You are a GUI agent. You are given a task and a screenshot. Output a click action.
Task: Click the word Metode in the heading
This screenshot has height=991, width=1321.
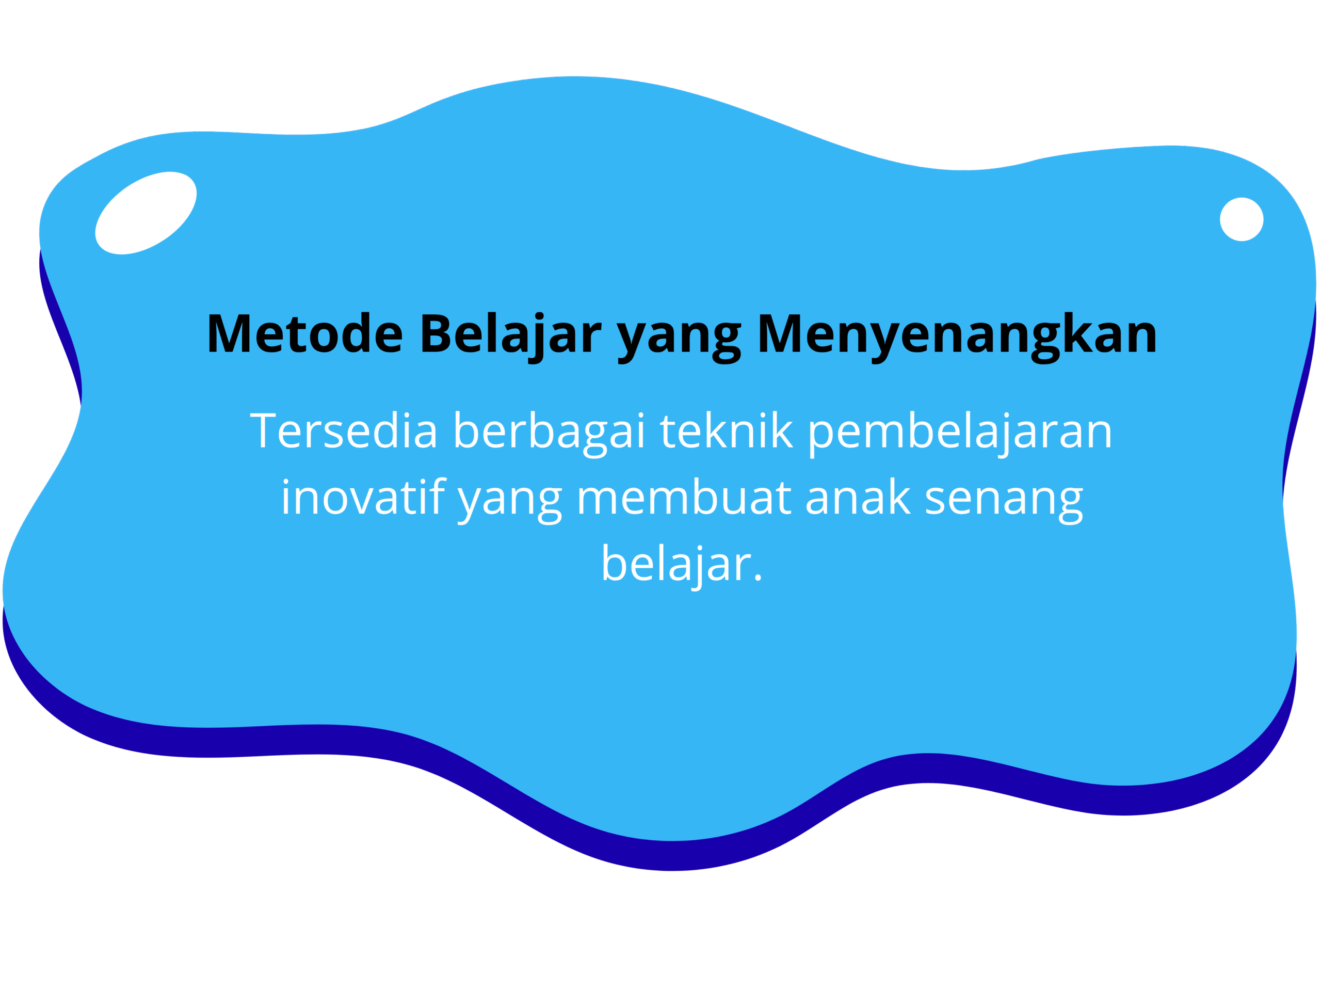click(x=305, y=333)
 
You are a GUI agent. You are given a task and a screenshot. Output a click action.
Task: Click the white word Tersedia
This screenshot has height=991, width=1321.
click(x=343, y=429)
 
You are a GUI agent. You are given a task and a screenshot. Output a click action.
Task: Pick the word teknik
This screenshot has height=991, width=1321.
click(x=727, y=429)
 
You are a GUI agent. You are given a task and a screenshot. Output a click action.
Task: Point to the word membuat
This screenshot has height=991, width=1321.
click(x=684, y=496)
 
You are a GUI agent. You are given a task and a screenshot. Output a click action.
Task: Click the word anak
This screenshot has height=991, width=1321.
click(x=858, y=496)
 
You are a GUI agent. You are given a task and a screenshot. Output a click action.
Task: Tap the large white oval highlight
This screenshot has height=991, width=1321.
click(x=146, y=213)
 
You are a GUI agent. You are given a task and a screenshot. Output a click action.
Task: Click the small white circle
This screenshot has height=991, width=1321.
click(x=1242, y=219)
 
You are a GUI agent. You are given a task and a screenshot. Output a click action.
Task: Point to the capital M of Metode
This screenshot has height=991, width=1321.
click(x=228, y=333)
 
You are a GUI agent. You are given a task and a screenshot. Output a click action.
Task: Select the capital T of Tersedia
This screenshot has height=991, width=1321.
click(x=263, y=430)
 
